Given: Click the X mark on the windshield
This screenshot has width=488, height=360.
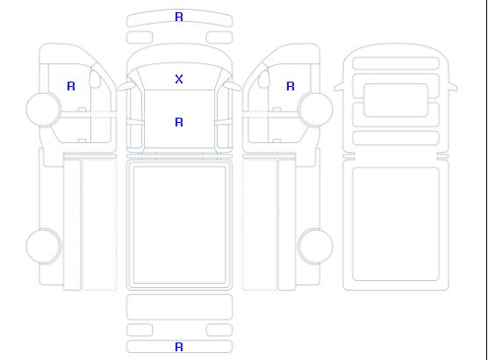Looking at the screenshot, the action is click(179, 79).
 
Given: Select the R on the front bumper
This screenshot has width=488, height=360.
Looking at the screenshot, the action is click(179, 17).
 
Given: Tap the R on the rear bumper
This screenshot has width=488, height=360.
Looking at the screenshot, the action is click(179, 347).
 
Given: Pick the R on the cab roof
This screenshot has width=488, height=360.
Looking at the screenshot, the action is click(179, 122).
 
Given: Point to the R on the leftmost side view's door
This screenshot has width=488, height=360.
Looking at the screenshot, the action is click(71, 86).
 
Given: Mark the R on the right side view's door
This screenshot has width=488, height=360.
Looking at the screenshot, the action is click(291, 86).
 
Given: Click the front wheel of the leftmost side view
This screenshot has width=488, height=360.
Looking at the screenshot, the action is click(44, 109).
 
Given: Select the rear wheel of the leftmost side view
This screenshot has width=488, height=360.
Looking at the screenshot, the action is click(44, 246).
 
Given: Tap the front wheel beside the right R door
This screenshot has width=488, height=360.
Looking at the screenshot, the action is click(315, 109).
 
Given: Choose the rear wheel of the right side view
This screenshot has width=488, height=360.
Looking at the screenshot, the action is click(315, 246).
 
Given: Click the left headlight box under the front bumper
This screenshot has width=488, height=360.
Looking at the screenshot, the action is click(140, 38).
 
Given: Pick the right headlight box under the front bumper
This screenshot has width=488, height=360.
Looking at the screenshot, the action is click(219, 38).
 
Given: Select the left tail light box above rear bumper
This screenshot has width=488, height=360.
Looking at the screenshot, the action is click(140, 330).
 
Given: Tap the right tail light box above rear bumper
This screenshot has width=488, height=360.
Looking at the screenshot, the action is click(219, 330).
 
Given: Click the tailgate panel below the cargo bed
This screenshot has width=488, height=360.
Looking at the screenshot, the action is click(179, 306).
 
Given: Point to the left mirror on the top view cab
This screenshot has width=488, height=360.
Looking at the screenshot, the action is click(126, 86).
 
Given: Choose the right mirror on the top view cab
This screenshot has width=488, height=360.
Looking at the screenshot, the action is click(233, 86).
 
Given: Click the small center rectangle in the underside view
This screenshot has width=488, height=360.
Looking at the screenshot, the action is click(396, 100).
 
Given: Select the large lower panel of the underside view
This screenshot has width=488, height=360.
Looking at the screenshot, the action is click(396, 224).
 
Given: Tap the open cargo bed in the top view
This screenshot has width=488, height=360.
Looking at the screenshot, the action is click(179, 225).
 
